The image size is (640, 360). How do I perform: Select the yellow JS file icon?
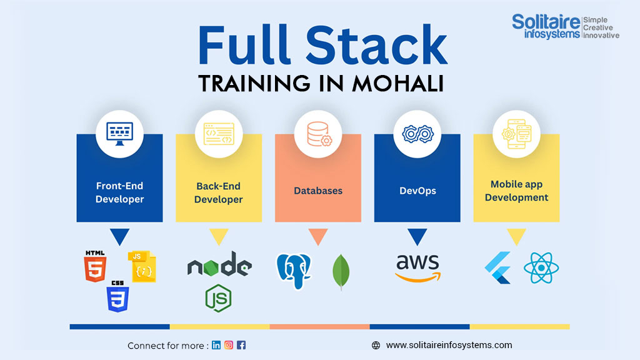pos(142,267)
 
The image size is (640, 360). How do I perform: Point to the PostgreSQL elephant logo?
pos(294,271)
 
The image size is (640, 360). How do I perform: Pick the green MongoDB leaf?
pos(341,272)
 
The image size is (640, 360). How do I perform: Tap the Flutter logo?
pos(497,267)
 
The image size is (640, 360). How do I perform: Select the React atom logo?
pos(541,267)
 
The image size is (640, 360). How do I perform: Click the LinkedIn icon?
pos(216,345)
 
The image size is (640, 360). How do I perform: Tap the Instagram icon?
pos(229,345)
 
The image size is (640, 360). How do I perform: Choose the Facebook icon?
pos(241,345)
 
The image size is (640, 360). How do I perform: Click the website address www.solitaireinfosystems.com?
pos(449,345)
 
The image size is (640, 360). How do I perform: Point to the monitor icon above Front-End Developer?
pos(119,132)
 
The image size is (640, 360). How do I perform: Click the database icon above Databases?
pos(318,132)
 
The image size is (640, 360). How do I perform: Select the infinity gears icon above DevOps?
pos(417,132)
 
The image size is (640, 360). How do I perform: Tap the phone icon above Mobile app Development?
pos(516,132)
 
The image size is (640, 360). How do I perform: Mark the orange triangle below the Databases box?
pos(318,236)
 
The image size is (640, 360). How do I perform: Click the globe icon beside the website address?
pos(376,345)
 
